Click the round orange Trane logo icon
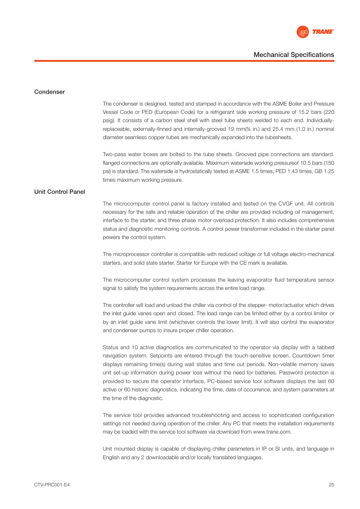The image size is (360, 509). coord(303,32)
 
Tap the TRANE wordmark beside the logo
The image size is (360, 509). coord(323,32)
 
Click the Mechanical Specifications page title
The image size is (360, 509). coord(294,55)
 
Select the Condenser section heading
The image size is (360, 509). coord(49,92)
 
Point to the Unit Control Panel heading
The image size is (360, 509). coord(60,192)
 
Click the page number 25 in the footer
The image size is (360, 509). coord(331,485)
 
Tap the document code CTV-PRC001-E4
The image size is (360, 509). coord(52,485)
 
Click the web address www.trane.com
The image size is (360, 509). coord(272,432)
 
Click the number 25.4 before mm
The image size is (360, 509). coord(278,129)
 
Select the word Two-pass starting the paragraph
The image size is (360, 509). coord(114,154)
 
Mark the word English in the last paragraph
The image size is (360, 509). coord(111,457)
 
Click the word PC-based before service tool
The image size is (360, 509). coord(219,381)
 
